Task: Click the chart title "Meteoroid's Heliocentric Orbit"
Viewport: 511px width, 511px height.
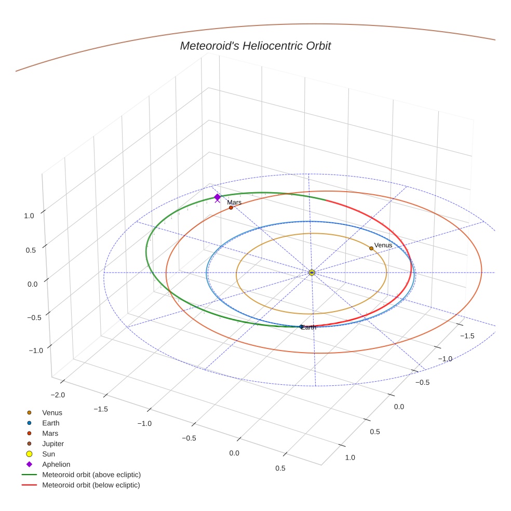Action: (x=255, y=46)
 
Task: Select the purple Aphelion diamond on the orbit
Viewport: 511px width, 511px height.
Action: (x=217, y=197)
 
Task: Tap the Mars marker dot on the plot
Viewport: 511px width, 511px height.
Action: (x=231, y=208)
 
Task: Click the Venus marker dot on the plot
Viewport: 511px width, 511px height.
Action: (x=371, y=248)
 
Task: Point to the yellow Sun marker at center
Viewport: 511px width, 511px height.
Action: (x=312, y=273)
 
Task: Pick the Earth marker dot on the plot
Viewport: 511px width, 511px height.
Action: (x=301, y=327)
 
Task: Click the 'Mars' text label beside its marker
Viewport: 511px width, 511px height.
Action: (x=234, y=203)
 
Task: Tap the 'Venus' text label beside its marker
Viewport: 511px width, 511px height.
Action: (x=383, y=245)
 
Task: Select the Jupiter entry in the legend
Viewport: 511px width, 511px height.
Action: (x=53, y=443)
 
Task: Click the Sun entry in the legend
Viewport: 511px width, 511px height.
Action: (x=48, y=454)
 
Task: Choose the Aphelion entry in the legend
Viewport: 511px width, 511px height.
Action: (x=56, y=464)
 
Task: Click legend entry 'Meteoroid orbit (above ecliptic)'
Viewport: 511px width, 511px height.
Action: (x=91, y=475)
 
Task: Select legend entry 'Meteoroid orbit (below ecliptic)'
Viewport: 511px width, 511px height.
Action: (x=91, y=485)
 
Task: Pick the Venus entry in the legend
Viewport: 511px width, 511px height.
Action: (x=52, y=412)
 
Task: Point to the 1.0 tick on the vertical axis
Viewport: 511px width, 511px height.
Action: (x=30, y=216)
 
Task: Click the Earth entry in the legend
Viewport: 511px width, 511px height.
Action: (x=51, y=423)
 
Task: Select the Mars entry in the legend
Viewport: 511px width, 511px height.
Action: (x=50, y=433)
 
